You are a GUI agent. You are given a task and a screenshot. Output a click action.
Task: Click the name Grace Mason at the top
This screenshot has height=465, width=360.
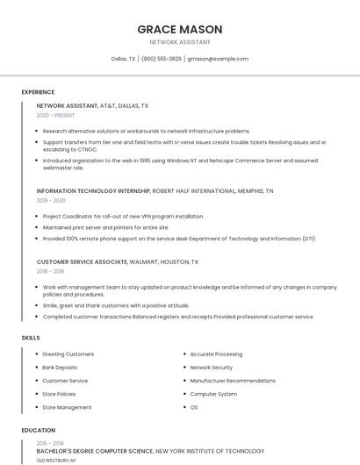click(179, 29)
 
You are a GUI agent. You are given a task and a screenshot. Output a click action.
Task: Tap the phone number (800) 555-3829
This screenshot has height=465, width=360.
click(162, 59)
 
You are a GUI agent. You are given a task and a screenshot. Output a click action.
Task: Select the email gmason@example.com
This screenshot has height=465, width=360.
click(218, 59)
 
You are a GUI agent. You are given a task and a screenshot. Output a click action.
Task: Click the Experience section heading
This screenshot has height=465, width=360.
click(38, 92)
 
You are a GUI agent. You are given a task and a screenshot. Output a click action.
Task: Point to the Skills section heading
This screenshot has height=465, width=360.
click(31, 338)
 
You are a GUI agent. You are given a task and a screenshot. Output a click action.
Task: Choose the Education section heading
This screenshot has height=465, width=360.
click(38, 431)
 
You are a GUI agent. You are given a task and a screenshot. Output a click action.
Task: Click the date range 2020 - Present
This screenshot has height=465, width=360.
click(56, 115)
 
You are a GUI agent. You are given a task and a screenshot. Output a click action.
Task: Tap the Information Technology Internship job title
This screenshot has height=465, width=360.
click(93, 190)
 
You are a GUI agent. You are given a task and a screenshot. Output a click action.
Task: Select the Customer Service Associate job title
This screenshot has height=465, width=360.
click(82, 261)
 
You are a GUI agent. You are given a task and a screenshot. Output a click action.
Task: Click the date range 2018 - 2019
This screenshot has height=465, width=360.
click(51, 272)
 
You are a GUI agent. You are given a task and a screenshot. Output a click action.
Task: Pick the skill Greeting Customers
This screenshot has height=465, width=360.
click(68, 354)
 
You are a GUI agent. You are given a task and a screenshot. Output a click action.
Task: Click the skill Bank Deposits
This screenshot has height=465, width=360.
click(60, 368)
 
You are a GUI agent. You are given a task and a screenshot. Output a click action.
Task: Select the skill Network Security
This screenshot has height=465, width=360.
click(211, 368)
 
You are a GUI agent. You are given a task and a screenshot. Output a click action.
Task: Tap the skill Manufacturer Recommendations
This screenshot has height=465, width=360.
click(232, 381)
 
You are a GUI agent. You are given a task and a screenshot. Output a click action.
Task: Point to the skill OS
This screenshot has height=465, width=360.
click(194, 407)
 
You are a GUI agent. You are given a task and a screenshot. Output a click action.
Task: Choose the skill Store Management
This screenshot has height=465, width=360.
click(67, 407)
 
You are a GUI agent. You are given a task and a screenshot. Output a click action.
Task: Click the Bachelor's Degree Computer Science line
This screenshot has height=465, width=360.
click(96, 451)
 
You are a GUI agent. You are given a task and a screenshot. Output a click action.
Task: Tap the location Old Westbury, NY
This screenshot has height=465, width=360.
click(56, 460)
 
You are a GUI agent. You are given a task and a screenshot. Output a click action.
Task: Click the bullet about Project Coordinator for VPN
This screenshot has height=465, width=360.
click(123, 216)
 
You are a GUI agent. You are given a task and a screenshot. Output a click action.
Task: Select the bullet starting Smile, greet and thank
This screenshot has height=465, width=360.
click(115, 305)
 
